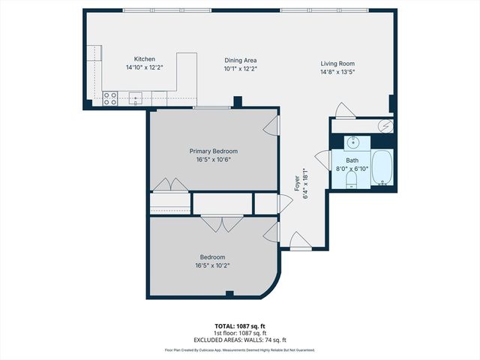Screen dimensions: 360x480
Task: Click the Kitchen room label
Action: [x=144, y=59]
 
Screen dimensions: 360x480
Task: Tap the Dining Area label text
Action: [x=241, y=60]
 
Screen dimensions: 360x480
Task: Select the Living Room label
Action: [x=337, y=64]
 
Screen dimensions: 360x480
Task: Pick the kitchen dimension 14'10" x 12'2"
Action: [x=144, y=67]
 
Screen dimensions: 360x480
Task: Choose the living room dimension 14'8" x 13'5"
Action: [x=337, y=73]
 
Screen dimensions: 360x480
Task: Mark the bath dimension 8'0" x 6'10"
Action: [x=352, y=169]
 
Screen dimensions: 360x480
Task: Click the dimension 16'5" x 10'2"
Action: [x=212, y=265]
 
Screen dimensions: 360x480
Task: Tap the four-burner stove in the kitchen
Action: [x=110, y=97]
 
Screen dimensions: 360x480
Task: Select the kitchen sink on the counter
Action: [x=136, y=97]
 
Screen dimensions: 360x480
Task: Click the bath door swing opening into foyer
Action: [x=322, y=160]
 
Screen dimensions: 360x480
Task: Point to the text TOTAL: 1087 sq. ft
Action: [x=240, y=326]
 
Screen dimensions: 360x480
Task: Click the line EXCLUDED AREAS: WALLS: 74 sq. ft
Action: [x=240, y=340]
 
